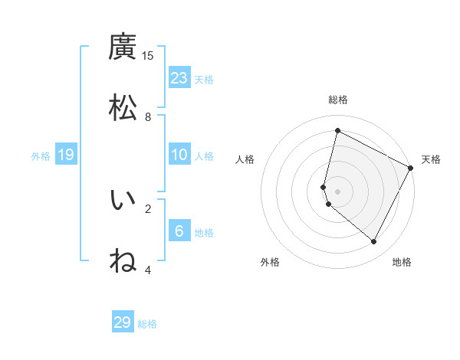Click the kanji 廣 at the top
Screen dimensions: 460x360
point(123,47)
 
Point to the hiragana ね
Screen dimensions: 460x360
point(123,260)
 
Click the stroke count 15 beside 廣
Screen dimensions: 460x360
point(148,55)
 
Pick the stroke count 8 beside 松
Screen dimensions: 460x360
point(148,116)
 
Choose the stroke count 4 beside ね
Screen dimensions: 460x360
point(148,270)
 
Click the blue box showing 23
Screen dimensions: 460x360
point(179,78)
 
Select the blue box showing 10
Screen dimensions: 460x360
point(179,155)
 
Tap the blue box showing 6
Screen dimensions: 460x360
point(179,231)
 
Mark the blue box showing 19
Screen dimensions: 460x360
point(66,155)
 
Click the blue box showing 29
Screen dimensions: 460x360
point(123,322)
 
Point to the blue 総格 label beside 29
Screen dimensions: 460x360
point(147,324)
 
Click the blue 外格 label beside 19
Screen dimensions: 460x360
point(41,156)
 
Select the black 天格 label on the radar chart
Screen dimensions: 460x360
point(431,159)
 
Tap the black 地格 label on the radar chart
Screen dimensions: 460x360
point(402,262)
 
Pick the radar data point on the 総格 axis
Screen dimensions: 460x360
point(337,131)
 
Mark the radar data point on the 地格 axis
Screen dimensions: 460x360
point(374,242)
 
